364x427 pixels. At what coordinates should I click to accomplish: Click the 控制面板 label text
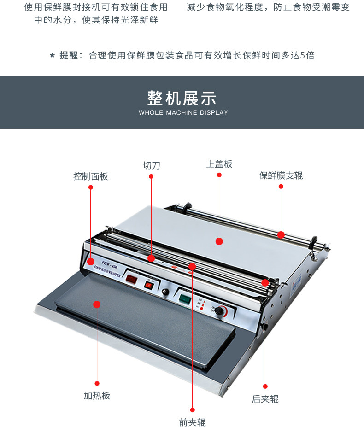pyautogui.click(x=90, y=176)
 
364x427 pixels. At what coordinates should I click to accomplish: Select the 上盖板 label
pyautogui.click(x=219, y=164)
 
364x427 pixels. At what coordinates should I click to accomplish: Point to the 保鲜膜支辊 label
pyautogui.click(x=281, y=175)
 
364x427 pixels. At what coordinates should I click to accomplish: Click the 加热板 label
pyautogui.click(x=97, y=396)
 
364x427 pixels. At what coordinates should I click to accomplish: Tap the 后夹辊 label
pyautogui.click(x=265, y=399)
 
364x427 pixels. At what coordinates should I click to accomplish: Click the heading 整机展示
pyautogui.click(x=182, y=98)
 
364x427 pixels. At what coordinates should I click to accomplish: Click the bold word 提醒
pyautogui.click(x=69, y=55)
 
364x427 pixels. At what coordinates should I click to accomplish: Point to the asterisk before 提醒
pyautogui.click(x=52, y=56)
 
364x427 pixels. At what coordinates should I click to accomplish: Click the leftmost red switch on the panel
pyautogui.click(x=132, y=278)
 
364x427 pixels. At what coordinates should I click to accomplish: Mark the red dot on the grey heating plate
pyautogui.click(x=97, y=304)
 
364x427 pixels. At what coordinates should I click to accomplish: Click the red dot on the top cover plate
pyautogui.click(x=219, y=241)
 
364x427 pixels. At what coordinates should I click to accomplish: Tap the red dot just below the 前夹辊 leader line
pyautogui.click(x=192, y=409)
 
